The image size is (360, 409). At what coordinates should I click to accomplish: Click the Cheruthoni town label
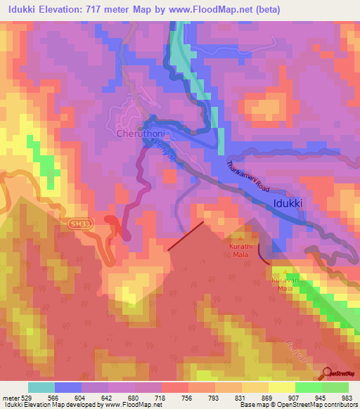click(141, 132)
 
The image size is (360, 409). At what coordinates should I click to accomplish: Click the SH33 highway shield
click(80, 223)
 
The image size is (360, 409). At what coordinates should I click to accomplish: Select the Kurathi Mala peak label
click(240, 252)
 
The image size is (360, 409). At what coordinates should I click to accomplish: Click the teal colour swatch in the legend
click(41, 387)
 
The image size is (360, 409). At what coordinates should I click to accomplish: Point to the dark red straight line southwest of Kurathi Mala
click(186, 235)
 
